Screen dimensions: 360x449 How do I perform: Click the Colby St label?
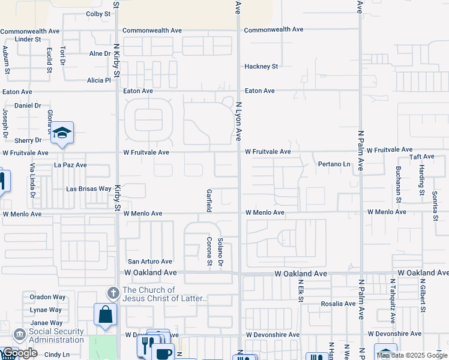[x=98, y=13]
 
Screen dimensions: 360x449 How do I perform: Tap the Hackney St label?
[x=261, y=67]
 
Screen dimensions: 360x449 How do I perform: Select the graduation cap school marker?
[x=62, y=133]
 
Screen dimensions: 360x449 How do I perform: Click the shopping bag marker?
[x=105, y=314]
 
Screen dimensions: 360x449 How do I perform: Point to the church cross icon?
[x=112, y=293]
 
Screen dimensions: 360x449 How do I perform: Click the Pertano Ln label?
[x=334, y=164]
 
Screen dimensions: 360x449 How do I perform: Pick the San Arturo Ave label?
[x=150, y=262]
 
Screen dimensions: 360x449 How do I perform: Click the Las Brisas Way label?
[x=89, y=189]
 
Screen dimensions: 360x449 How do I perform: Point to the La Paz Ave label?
[x=70, y=164]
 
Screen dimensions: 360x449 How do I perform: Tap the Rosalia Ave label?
[x=337, y=304]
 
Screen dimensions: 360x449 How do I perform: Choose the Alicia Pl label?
[x=99, y=80]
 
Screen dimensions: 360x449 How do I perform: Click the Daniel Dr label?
[x=27, y=105]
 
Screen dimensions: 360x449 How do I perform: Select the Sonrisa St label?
[x=435, y=206]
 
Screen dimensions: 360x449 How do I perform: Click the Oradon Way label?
[x=47, y=297]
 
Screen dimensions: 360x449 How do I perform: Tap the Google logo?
[x=19, y=353]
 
